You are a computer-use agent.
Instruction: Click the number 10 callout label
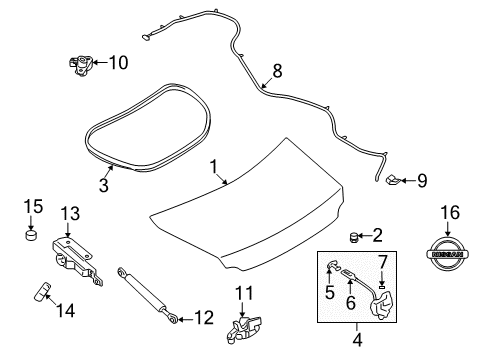(119, 63)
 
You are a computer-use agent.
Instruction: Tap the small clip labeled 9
(393, 181)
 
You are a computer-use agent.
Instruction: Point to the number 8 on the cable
(277, 71)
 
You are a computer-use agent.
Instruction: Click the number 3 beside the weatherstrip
(103, 184)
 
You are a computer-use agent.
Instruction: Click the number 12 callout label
(203, 318)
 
